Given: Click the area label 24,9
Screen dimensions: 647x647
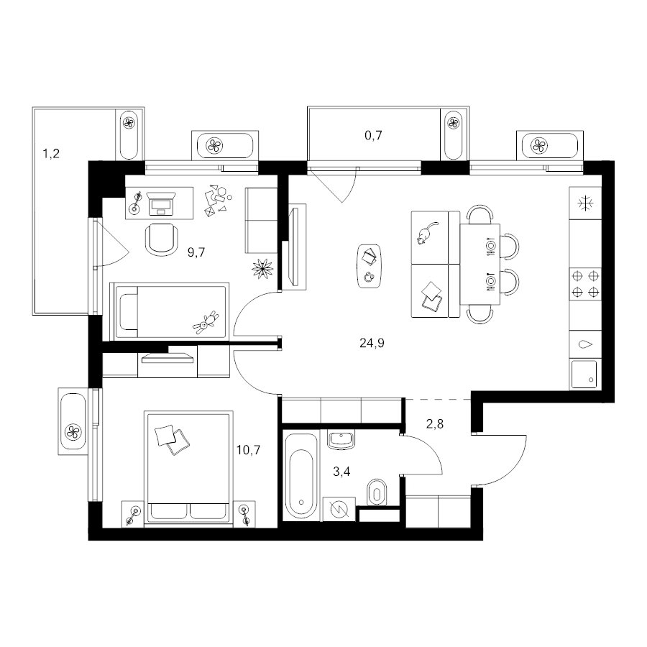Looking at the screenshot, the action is (372, 344).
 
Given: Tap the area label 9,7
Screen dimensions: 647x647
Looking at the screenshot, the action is (196, 252).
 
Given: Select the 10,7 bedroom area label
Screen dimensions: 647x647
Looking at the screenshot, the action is (249, 450).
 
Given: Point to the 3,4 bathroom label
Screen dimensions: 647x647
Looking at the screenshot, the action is (341, 471).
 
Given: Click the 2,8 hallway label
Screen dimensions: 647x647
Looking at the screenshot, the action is (435, 423).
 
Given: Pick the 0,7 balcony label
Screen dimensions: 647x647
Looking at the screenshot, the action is (373, 135).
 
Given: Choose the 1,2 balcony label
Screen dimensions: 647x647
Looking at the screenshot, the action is (51, 154).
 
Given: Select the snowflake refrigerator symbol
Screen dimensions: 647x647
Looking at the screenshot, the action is (585, 203).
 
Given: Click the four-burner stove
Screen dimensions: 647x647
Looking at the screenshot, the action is (585, 284).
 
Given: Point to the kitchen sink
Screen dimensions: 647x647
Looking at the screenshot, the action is (584, 375).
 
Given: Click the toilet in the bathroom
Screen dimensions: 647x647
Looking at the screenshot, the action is (377, 492).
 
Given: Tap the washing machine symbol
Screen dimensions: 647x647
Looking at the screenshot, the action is (339, 509).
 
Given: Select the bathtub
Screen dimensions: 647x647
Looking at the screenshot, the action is (301, 475).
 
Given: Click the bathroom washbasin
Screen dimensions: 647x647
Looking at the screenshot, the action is (341, 439).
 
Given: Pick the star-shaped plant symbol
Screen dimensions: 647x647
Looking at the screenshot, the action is (262, 269).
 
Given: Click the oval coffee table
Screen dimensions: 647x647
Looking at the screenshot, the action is (370, 266).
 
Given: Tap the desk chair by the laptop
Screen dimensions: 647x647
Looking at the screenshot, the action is (162, 239).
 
